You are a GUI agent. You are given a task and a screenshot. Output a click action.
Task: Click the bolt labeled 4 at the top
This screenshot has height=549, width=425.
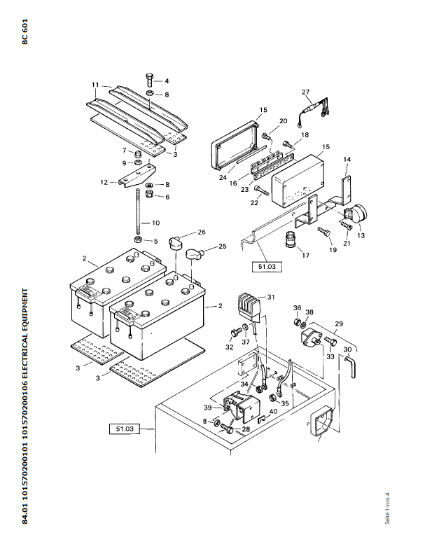coord(150,81)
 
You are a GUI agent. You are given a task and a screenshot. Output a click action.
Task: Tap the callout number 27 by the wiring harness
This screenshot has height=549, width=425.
coord(305,92)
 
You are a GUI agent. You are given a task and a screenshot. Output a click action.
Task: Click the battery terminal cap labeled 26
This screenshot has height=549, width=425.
coord(174,242)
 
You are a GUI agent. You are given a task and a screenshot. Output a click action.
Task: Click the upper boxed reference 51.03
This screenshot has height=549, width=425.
coord(267,266)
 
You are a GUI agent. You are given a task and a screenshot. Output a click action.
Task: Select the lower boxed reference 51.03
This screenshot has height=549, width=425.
coord(125,429)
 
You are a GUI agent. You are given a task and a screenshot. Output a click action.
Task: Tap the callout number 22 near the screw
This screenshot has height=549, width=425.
coord(255,203)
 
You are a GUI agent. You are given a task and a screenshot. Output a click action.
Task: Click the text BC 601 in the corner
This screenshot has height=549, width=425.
coord(25,32)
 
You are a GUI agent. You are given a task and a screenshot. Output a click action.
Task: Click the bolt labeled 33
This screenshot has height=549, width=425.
coord(330,341)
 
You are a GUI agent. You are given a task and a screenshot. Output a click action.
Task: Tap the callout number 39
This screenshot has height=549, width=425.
coord(208,408)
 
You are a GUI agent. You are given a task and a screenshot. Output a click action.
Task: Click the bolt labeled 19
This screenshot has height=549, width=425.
coord(323,231)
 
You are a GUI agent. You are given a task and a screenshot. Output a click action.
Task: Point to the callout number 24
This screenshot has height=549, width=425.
coord(223,178)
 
